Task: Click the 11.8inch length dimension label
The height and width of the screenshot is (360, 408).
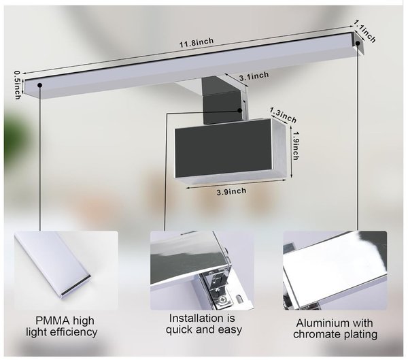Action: [x=197, y=42]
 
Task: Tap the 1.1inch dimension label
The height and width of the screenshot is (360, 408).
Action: [x=365, y=32]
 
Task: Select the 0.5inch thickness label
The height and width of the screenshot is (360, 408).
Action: [x=17, y=85]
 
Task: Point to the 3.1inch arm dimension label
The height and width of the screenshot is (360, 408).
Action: [x=254, y=76]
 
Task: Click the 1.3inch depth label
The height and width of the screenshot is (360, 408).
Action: [x=284, y=115]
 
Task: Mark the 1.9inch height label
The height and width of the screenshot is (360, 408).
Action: [x=296, y=146]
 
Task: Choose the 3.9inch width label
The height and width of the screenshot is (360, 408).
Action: [x=231, y=192]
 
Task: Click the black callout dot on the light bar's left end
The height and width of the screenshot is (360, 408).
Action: [x=40, y=85]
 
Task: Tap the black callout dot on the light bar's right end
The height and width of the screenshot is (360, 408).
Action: [x=358, y=44]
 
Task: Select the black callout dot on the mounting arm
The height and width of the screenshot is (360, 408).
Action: [x=240, y=110]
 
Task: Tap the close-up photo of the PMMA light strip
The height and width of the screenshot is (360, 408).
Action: [x=66, y=270]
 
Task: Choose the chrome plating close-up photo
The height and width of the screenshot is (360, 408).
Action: [x=335, y=270]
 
